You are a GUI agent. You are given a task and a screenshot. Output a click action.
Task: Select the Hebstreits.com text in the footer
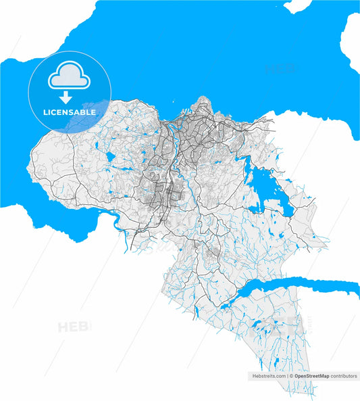268,375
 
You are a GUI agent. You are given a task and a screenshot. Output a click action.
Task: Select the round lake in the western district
110,157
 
